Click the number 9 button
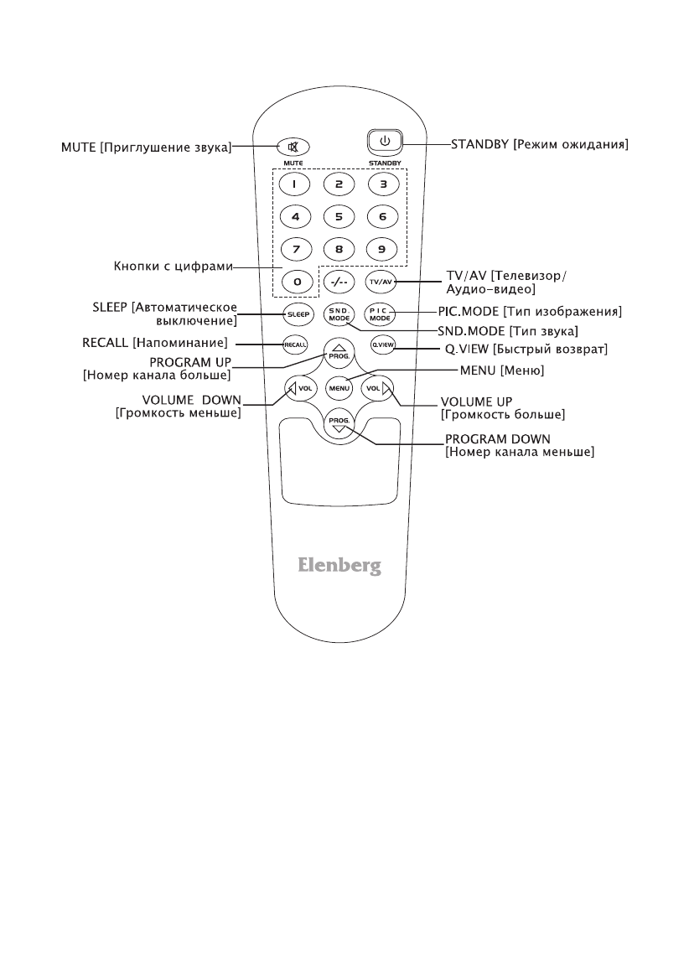(x=382, y=248)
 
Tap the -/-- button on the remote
(x=339, y=282)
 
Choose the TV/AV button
(x=382, y=282)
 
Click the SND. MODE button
(x=339, y=314)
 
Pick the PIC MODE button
(x=382, y=314)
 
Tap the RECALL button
(x=294, y=345)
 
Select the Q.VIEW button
(x=382, y=345)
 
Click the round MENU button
(x=339, y=388)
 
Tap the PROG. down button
(x=339, y=423)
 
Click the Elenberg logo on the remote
(x=339, y=566)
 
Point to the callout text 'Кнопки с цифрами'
(x=173, y=268)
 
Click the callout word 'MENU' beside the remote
(x=479, y=370)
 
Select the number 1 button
(x=294, y=184)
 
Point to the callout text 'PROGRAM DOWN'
(x=498, y=438)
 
